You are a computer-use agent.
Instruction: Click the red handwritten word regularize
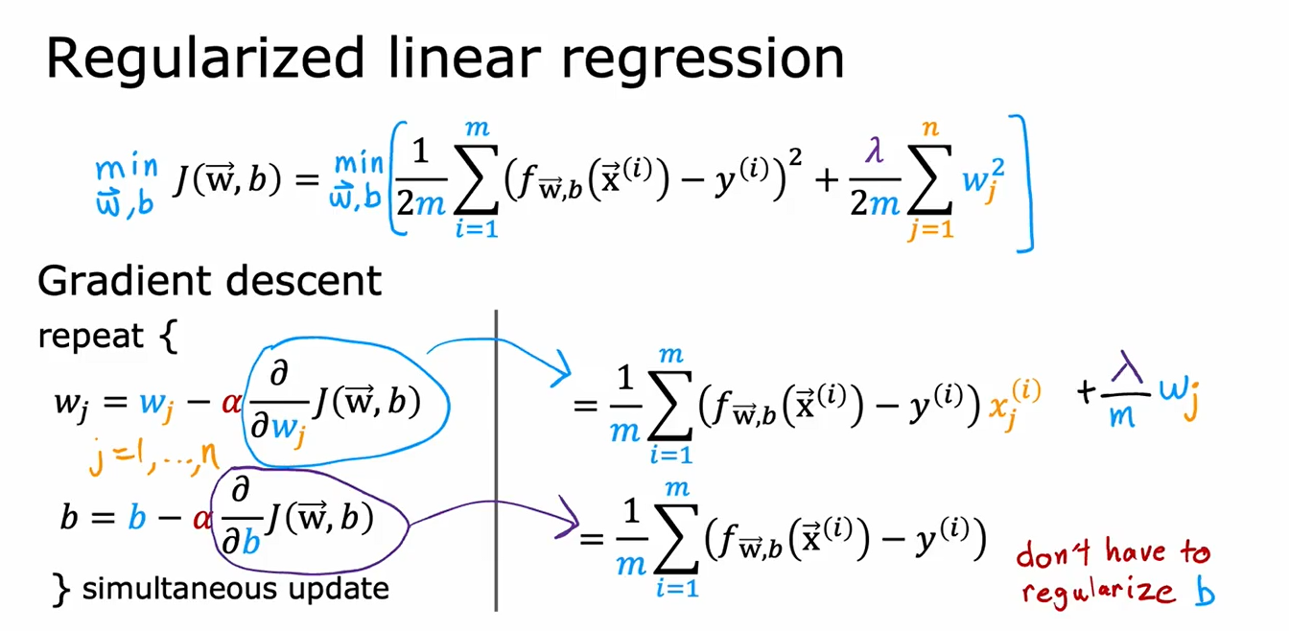1097,592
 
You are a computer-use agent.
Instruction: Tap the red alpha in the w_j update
230,402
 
